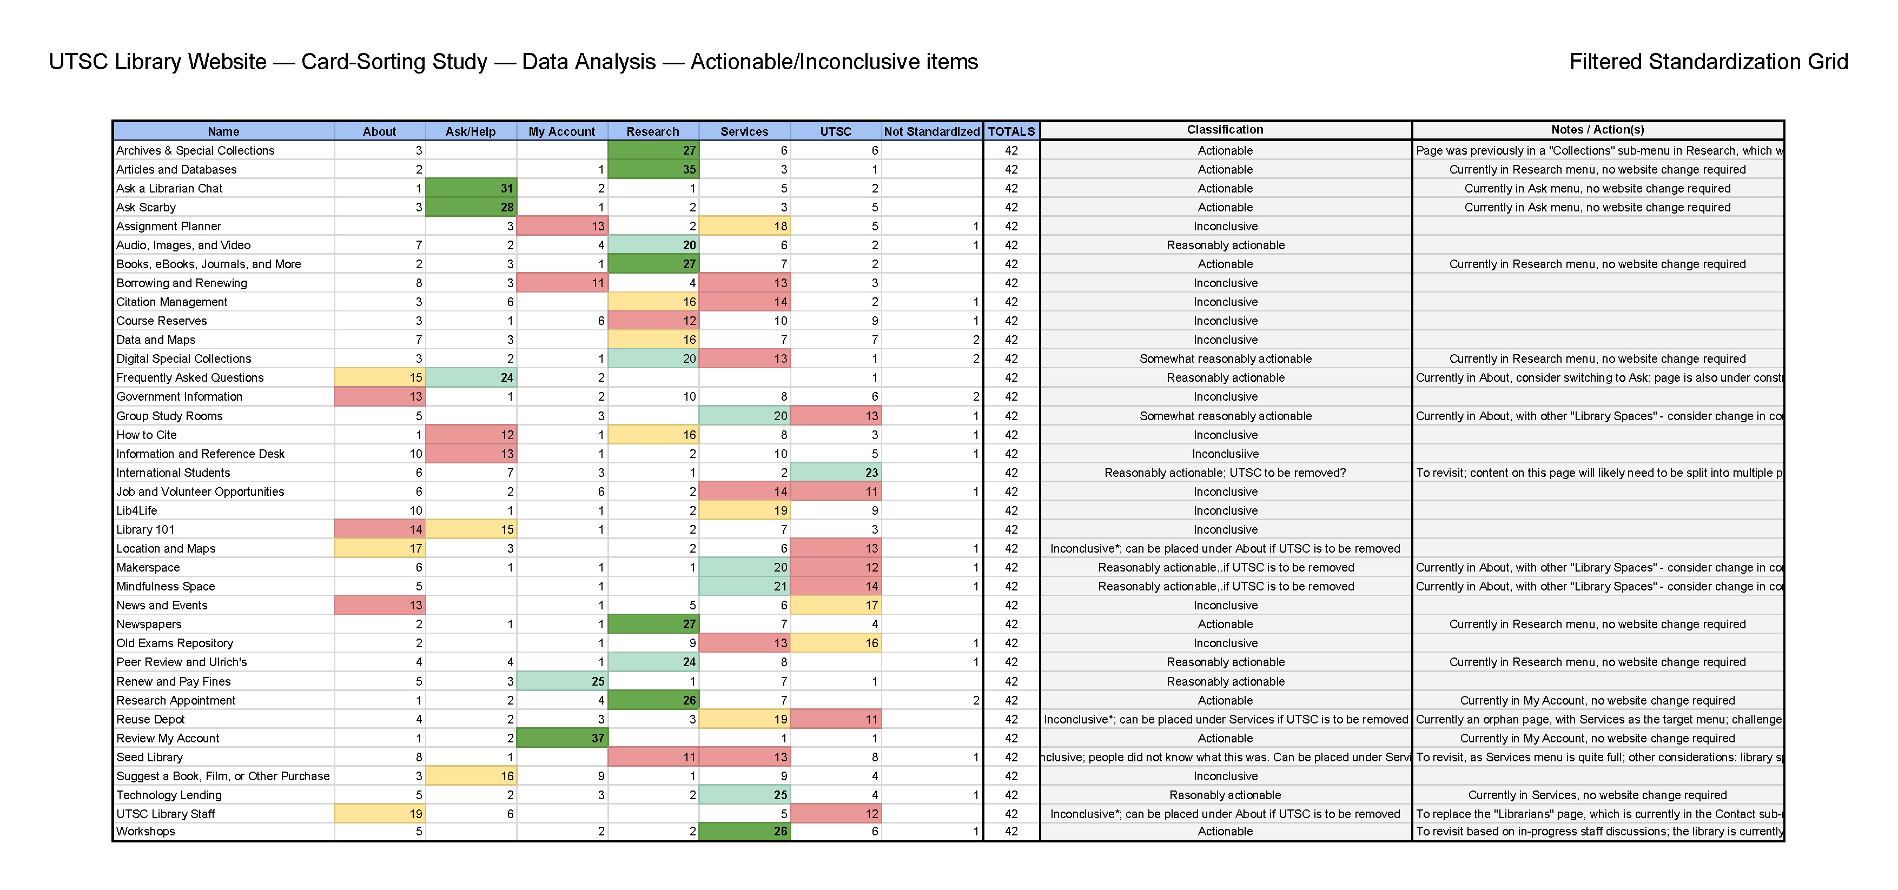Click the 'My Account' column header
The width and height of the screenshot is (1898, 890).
[561, 131]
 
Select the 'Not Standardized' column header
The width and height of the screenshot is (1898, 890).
[931, 131]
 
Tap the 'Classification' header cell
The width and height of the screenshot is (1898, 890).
[1225, 130]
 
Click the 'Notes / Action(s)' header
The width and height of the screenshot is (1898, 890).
[1597, 130]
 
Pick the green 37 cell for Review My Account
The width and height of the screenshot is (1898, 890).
[562, 738]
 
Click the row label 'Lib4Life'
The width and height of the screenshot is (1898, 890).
[136, 510]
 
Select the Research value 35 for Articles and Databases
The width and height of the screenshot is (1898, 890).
[653, 169]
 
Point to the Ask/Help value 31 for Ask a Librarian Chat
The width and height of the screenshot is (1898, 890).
[471, 189]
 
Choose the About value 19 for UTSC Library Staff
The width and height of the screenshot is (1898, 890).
[380, 814]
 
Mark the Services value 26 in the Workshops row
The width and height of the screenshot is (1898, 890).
[744, 832]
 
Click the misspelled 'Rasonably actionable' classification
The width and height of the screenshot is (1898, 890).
[1225, 795]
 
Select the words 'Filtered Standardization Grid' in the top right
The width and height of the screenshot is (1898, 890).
[1708, 62]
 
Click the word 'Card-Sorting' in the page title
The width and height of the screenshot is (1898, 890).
[394, 62]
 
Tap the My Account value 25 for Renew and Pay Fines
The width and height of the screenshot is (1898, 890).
[562, 681]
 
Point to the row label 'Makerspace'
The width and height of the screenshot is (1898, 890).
[148, 567]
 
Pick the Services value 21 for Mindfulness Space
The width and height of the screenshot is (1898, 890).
[744, 587]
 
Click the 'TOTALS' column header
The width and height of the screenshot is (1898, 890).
[1011, 131]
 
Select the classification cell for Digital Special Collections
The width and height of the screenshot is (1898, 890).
[1225, 359]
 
